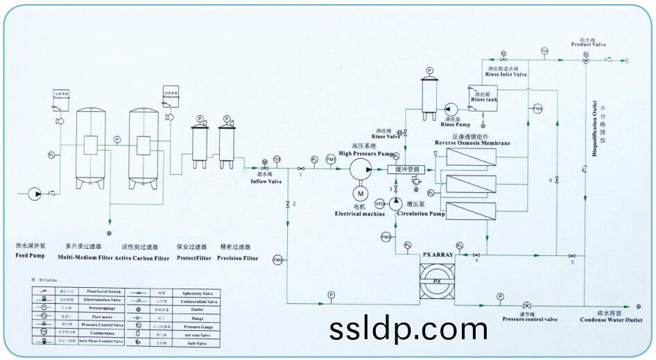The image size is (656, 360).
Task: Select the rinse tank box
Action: point(483,96)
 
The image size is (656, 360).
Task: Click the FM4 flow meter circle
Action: point(537,109)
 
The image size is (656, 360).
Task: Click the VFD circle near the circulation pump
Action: point(379,204)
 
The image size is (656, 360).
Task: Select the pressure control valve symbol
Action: point(528,306)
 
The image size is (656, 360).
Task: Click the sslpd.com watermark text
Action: point(408,327)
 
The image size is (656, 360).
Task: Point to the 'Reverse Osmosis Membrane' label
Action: point(472,143)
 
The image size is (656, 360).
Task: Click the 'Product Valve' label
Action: point(589,45)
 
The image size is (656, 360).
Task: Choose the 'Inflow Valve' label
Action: point(266,182)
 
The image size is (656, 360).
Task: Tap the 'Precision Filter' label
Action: point(237,258)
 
